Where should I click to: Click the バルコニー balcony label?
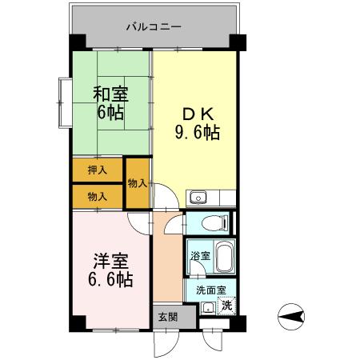[154, 26]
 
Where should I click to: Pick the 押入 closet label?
[97, 171]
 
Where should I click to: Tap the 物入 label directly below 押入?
[97, 196]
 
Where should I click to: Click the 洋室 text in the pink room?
[111, 260]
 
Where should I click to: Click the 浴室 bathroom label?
[200, 257]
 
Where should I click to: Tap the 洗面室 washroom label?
[210, 290]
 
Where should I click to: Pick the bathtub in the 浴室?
[225, 258]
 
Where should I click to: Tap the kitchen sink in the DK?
[198, 198]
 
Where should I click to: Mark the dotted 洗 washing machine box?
[227, 305]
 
